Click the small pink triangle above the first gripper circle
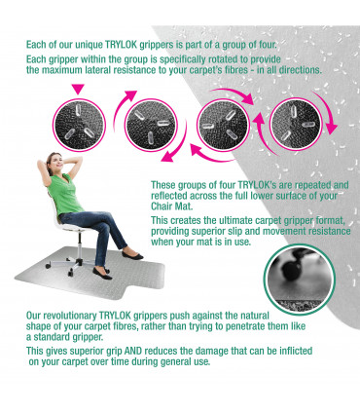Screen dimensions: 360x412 coord(78,89)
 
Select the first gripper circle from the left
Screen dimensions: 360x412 coord(80,125)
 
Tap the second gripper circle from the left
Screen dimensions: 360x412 coord(151,125)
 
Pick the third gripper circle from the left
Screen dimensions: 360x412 coord(223,125)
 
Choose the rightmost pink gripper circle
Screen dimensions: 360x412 coord(296,125)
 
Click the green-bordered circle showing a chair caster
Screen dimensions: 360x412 coord(300,280)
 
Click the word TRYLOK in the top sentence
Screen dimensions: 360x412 coord(122,45)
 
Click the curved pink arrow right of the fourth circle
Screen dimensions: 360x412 coord(326,112)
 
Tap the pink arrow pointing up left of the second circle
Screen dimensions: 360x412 coord(124,110)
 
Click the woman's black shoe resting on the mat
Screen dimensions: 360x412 coord(102,274)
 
